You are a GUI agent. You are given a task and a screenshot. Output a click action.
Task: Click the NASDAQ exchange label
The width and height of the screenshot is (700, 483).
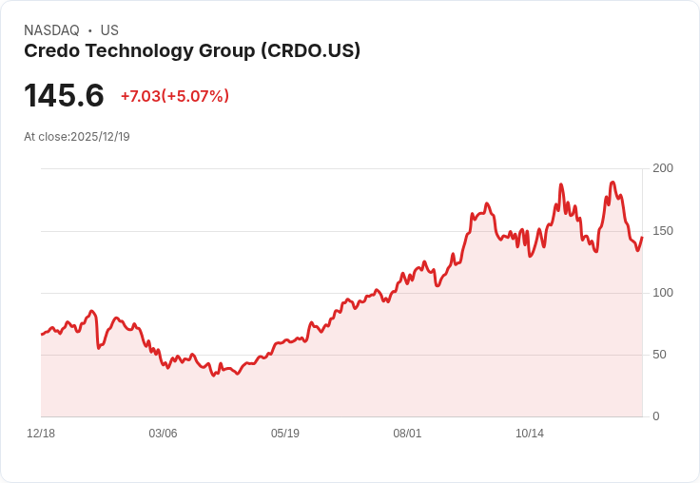[51, 30]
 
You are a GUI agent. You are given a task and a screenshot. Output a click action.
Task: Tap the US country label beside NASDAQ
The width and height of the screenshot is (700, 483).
[109, 30]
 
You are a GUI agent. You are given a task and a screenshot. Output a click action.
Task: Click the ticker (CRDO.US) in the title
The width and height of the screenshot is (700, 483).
[310, 51]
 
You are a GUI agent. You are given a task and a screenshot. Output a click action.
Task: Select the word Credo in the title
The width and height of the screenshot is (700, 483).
[51, 51]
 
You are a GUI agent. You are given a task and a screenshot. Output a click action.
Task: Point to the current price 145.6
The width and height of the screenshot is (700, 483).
[64, 96]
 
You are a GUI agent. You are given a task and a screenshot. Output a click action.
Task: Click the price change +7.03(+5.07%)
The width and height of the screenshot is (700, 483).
[175, 96]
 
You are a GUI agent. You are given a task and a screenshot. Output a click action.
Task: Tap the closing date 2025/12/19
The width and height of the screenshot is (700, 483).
[100, 137]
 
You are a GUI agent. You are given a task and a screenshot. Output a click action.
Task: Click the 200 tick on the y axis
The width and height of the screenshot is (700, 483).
[663, 168]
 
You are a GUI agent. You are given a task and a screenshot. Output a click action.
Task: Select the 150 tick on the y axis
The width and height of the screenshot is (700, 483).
[663, 231]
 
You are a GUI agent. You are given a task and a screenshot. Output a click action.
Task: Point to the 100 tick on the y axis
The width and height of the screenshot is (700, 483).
[663, 293]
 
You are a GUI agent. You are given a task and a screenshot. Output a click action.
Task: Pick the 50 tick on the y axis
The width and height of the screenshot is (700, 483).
[659, 355]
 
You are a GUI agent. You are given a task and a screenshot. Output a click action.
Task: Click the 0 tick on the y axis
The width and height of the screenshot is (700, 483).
[656, 416]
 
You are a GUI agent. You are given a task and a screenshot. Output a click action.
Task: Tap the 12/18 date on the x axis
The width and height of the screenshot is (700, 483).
[41, 434]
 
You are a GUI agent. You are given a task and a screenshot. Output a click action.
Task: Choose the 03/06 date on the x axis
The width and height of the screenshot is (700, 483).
[163, 434]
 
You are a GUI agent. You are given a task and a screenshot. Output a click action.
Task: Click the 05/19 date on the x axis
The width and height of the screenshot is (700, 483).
[285, 434]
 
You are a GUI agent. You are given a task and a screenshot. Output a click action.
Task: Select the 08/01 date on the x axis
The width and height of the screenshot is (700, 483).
[407, 434]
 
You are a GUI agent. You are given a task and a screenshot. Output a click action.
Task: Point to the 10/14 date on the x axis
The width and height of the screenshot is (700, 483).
[530, 434]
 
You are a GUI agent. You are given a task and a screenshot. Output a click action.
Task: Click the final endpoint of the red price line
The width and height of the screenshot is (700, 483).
[642, 238]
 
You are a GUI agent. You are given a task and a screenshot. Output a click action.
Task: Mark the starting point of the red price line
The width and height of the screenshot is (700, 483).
[42, 334]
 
